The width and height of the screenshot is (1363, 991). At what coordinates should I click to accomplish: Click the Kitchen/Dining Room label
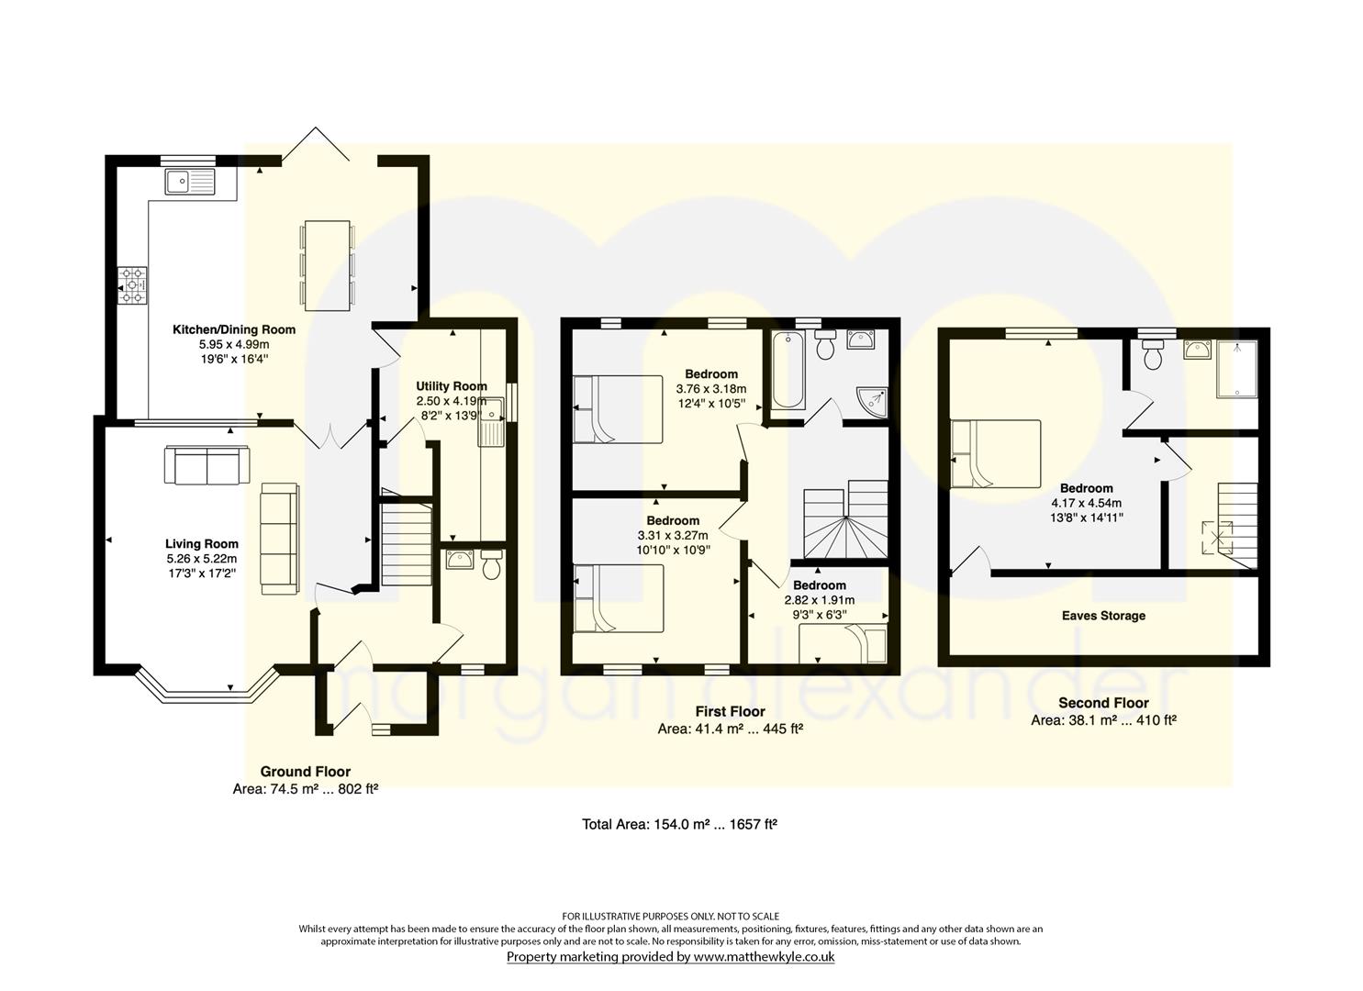click(x=234, y=329)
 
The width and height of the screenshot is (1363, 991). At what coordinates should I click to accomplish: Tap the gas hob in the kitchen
click(x=132, y=284)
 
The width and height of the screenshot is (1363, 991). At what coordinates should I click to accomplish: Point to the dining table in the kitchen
click(x=328, y=265)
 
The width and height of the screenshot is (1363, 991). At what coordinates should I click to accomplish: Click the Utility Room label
click(x=451, y=386)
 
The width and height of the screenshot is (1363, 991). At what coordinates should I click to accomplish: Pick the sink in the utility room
click(x=492, y=421)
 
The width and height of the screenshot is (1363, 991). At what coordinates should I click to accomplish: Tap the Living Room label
click(x=201, y=544)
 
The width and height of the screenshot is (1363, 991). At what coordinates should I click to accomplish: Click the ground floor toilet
click(x=491, y=563)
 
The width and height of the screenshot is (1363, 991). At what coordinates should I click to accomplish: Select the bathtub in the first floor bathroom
click(x=788, y=370)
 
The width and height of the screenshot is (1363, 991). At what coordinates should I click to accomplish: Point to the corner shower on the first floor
click(x=873, y=402)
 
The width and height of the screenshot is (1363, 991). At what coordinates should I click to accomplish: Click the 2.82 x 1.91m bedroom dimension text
click(x=819, y=600)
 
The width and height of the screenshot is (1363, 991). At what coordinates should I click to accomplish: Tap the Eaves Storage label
click(x=1103, y=616)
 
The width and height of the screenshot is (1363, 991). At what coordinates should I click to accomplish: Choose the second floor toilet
click(x=1153, y=353)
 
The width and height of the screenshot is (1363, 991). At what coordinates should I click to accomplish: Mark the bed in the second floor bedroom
click(x=996, y=454)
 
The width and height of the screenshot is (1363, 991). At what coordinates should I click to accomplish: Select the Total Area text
click(x=680, y=824)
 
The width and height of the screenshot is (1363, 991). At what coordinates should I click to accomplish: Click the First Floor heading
click(x=731, y=711)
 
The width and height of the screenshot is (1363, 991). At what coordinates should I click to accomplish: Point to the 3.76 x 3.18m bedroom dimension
click(x=710, y=389)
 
